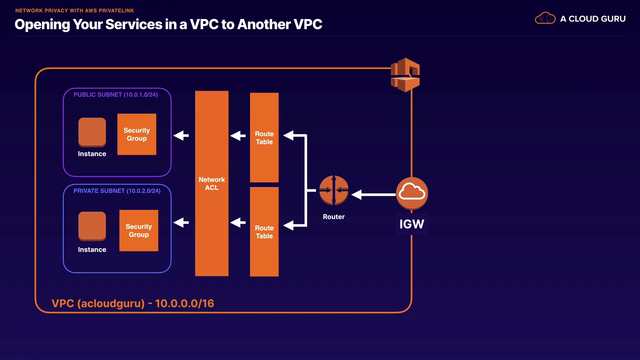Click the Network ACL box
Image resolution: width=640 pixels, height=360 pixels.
point(212,183)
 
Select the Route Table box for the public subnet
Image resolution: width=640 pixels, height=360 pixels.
point(264,137)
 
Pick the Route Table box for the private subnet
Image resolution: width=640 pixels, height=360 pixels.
point(264,232)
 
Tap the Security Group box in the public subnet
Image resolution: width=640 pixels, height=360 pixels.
point(137,134)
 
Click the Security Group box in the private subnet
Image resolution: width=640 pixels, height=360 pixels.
point(139,230)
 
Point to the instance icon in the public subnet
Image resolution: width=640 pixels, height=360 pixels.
point(92,132)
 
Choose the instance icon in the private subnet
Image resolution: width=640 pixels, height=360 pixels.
point(92,226)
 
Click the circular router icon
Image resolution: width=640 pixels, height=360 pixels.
point(334,190)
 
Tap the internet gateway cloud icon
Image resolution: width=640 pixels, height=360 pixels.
point(412,193)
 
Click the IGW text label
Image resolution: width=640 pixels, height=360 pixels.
point(412,224)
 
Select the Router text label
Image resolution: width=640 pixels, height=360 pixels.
point(334,217)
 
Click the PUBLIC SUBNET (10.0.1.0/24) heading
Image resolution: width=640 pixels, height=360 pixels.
point(115,95)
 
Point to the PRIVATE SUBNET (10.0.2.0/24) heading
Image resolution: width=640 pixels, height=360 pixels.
point(117,191)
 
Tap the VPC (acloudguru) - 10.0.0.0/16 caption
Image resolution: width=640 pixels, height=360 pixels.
point(133,303)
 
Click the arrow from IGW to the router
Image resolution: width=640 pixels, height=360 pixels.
point(373,194)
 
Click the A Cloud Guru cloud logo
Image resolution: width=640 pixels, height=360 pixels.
point(545,18)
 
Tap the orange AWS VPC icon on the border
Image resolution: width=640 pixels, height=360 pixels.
point(405,75)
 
